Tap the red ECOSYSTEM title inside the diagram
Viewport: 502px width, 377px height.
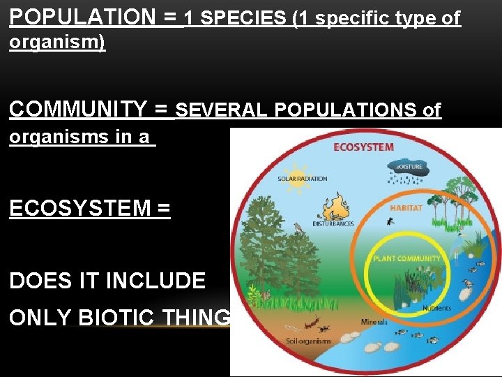363,147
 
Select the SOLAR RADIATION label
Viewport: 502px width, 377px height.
302,179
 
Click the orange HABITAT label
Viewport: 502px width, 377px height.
406,208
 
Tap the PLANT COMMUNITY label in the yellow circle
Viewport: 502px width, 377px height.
407,258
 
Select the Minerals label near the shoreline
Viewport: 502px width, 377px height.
374,323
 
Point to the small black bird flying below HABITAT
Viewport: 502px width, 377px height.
389,221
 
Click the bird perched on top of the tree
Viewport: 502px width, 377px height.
298,228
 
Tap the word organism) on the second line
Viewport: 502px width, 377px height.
56,43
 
